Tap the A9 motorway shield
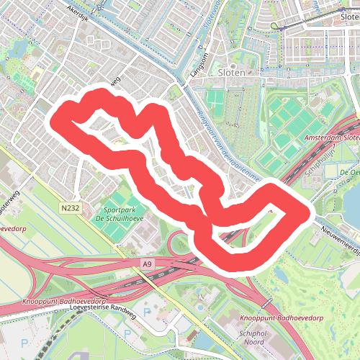tap(148, 265)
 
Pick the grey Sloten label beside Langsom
tap(232, 72)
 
